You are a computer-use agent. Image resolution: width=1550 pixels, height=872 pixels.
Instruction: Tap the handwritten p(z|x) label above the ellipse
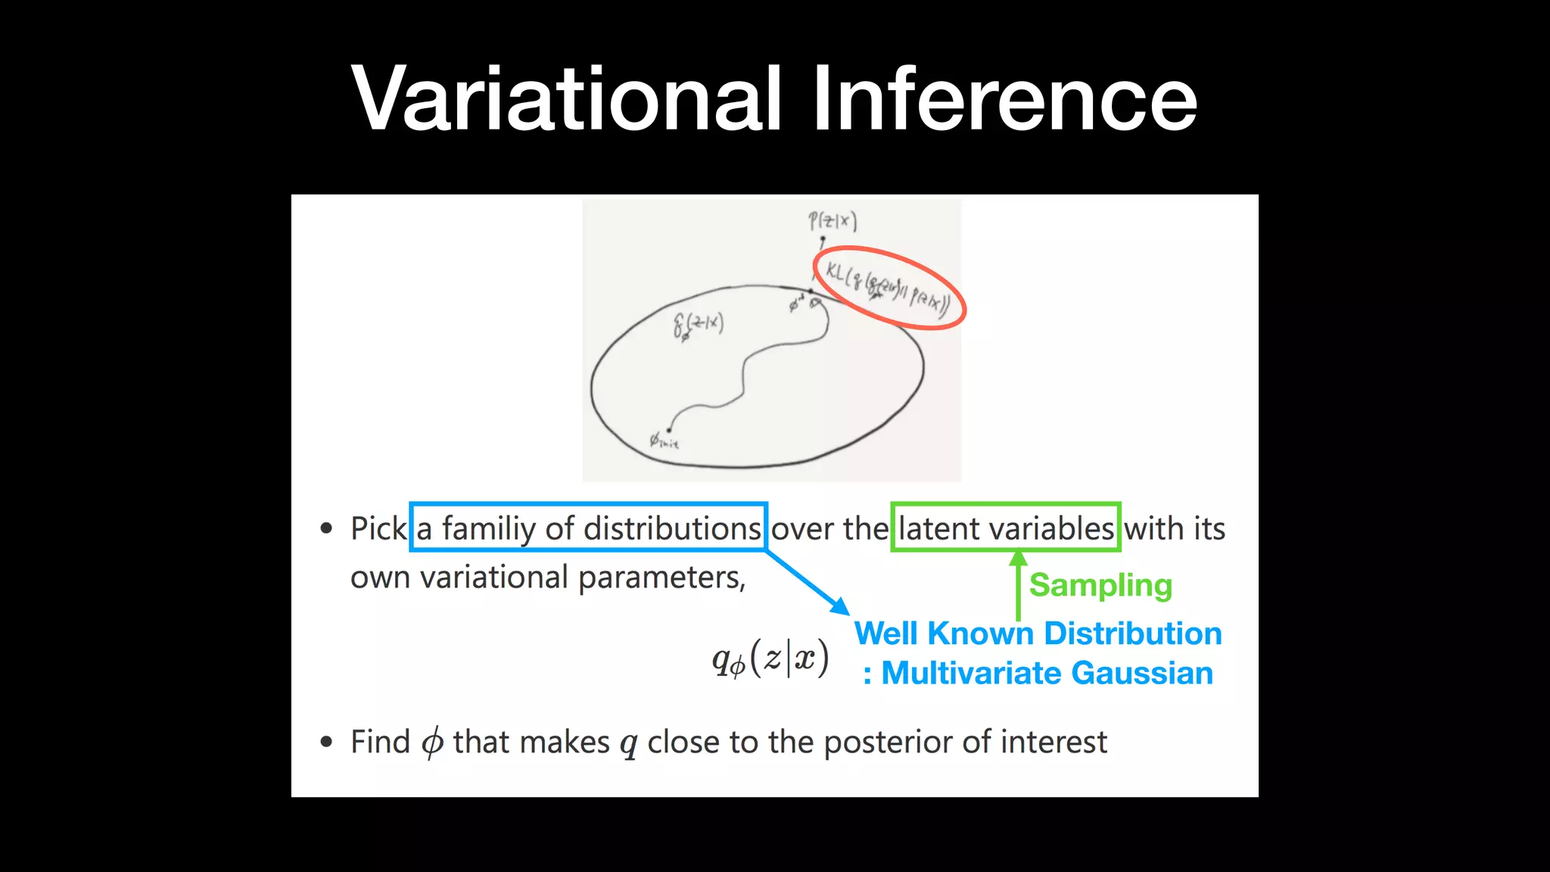click(x=832, y=221)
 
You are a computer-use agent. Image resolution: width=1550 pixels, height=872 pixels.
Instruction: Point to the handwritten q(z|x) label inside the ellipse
click(x=698, y=325)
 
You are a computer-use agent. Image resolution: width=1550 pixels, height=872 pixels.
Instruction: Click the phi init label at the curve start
click(x=663, y=440)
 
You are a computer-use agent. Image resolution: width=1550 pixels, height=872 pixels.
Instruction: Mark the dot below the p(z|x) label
click(x=823, y=239)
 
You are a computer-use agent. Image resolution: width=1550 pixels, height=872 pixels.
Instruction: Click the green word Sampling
click(x=1100, y=585)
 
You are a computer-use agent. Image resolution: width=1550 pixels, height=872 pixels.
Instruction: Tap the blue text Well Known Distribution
click(x=1038, y=634)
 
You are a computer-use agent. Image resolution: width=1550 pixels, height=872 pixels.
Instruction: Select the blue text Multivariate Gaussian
click(x=1047, y=673)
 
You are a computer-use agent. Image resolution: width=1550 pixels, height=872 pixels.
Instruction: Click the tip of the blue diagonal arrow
click(x=845, y=612)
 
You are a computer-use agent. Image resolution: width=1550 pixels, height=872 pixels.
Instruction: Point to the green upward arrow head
click(x=1018, y=559)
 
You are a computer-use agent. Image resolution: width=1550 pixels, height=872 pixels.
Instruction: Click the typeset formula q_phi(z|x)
click(x=770, y=659)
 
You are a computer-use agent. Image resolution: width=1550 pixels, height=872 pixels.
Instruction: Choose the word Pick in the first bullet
click(x=378, y=528)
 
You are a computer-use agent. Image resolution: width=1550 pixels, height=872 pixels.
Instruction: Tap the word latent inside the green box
click(x=938, y=528)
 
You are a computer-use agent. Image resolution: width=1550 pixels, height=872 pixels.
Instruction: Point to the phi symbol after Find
click(x=431, y=742)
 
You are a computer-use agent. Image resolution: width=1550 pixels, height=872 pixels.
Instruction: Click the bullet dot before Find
click(x=326, y=742)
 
